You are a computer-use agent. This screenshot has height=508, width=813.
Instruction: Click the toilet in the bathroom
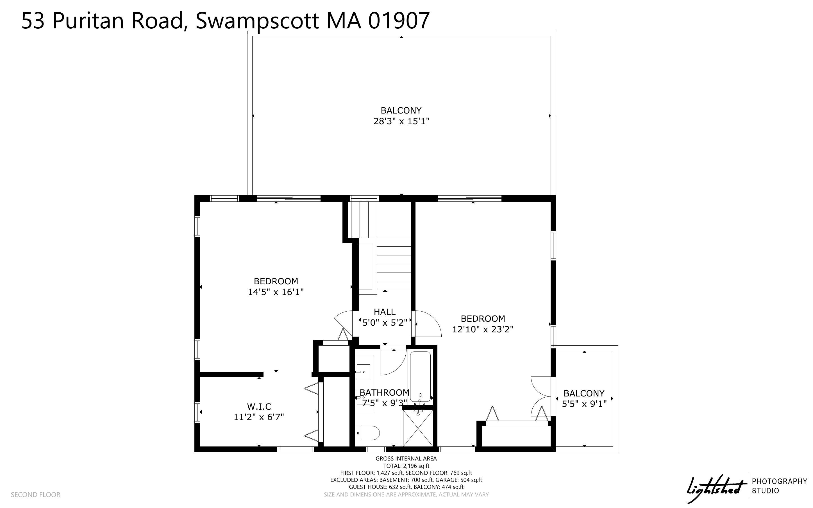coord(367,434)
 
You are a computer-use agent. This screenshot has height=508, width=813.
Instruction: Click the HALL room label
coord(385,312)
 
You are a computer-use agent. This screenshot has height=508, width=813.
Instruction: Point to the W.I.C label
coord(259,407)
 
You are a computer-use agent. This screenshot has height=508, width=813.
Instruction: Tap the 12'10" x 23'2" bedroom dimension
coord(483,329)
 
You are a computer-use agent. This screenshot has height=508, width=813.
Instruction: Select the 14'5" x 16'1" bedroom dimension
coord(276,292)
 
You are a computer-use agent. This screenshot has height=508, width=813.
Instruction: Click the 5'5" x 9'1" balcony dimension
coord(584,404)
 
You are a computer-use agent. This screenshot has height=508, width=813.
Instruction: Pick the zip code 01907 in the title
coord(399,21)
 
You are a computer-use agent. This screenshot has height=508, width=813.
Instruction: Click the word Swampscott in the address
coord(257,21)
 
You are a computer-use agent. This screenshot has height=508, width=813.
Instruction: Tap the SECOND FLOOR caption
coord(36,495)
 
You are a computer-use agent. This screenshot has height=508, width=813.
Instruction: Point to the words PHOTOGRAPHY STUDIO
coord(779,486)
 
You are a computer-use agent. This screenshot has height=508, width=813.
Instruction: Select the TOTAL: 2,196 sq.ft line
coord(406,466)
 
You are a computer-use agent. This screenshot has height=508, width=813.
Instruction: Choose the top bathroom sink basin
coord(363,372)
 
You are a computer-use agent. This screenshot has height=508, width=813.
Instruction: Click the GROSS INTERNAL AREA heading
coord(406,458)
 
